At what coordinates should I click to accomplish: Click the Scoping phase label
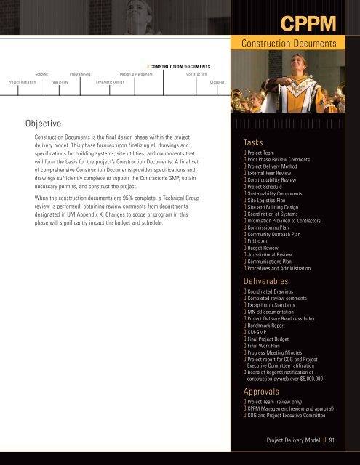[x=41, y=74]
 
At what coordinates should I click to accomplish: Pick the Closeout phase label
[x=217, y=82]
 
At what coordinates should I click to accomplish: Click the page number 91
[x=331, y=440]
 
